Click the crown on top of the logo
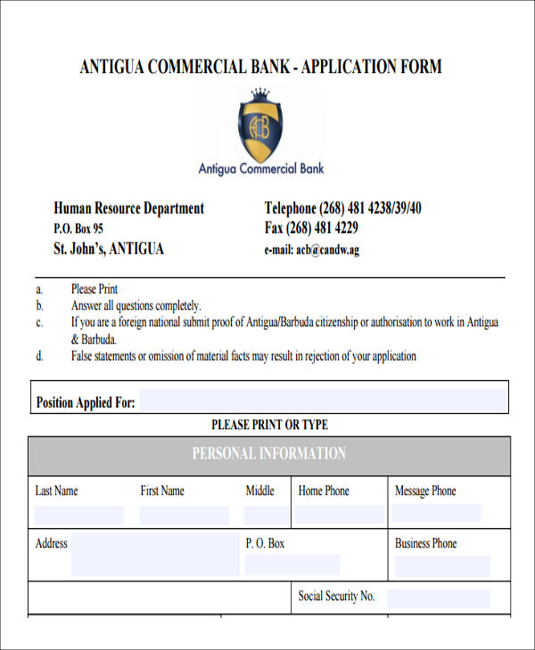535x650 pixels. [260, 94]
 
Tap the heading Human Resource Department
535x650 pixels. [128, 208]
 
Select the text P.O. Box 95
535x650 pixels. [85, 229]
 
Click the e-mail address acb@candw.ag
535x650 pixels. [311, 250]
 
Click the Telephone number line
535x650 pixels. [343, 208]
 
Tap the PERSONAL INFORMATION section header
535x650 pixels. [268, 454]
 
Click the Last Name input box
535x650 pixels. [78, 515]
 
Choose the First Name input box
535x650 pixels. [184, 515]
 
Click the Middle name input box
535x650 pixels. [266, 516]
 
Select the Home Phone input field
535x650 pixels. [339, 514]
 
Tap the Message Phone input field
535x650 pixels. [437, 513]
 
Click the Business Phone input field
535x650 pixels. [442, 565]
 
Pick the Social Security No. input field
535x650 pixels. [439, 597]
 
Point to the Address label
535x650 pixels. [51, 543]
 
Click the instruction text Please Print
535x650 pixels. [95, 289]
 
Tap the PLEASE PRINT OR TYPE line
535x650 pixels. [269, 425]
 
